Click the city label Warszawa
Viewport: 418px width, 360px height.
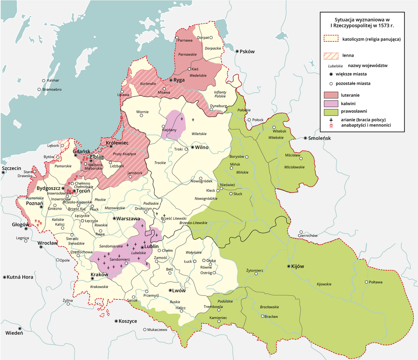(x=128, y=218)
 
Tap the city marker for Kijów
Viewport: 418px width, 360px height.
(x=288, y=266)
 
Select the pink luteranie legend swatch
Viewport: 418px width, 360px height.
(x=332, y=95)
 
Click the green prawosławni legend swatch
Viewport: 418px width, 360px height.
(x=332, y=112)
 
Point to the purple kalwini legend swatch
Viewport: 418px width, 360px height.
(x=332, y=103)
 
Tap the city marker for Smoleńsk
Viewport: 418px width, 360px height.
(x=305, y=138)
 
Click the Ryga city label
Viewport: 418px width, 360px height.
(x=179, y=80)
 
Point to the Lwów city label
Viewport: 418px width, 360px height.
(x=179, y=290)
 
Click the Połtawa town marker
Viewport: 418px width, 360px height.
(x=366, y=282)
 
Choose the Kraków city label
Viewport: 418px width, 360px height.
(x=99, y=275)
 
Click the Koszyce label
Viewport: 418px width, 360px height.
(x=128, y=321)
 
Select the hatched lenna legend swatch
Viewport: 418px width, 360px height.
(x=332, y=56)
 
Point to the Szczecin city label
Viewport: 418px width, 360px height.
(x=11, y=168)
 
